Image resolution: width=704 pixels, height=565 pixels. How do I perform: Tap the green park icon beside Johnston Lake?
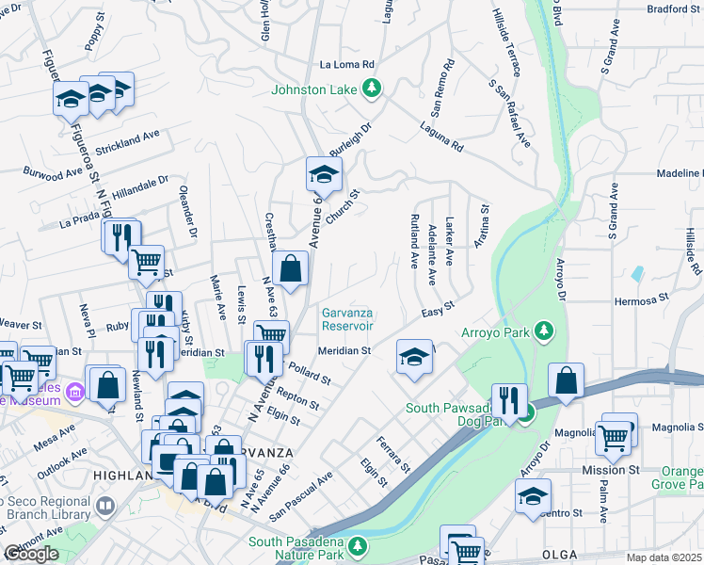[x=374, y=89]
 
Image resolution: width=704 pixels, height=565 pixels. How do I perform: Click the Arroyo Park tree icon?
[x=542, y=331]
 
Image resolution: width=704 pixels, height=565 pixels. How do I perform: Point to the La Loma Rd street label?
[x=347, y=65]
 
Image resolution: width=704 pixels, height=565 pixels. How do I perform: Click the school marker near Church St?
[x=323, y=174]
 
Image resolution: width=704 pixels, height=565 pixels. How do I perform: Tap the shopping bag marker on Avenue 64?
[x=292, y=268]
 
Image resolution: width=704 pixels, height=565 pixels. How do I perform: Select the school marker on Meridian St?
[x=413, y=356]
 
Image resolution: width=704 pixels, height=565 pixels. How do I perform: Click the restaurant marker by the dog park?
[x=508, y=400]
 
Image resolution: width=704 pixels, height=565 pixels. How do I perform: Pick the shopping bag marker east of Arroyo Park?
[x=567, y=381]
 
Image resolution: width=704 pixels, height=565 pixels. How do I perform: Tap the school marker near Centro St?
[x=533, y=495]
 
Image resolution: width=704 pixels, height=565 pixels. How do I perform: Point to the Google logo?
[x=31, y=554]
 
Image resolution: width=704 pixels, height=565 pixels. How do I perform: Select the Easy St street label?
[x=438, y=308]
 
